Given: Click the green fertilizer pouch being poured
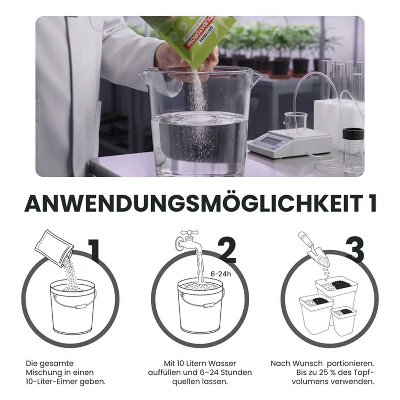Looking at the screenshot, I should point(188,38).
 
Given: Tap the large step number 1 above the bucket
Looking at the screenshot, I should point(93,250).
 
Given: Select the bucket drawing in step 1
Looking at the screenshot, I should point(73,306).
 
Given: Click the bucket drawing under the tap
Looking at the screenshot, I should point(200,306).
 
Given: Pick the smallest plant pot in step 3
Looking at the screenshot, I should point(343,320).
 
